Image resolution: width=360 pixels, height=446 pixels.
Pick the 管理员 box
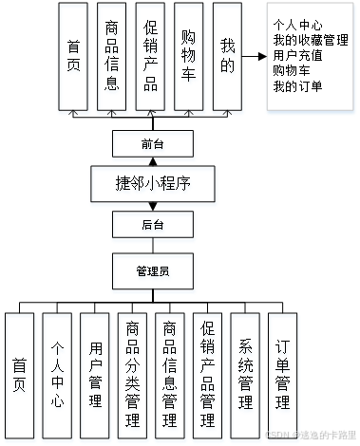point(152,270)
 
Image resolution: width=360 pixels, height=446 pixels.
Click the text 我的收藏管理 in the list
point(309,40)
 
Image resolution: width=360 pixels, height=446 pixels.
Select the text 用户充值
point(296,54)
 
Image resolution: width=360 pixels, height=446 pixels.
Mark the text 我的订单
point(296,87)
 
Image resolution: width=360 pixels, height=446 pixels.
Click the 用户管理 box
point(96,375)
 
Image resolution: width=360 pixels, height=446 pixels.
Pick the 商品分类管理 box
point(133,375)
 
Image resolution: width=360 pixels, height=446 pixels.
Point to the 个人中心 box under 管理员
point(58,375)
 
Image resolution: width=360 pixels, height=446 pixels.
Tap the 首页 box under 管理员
point(20,375)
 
